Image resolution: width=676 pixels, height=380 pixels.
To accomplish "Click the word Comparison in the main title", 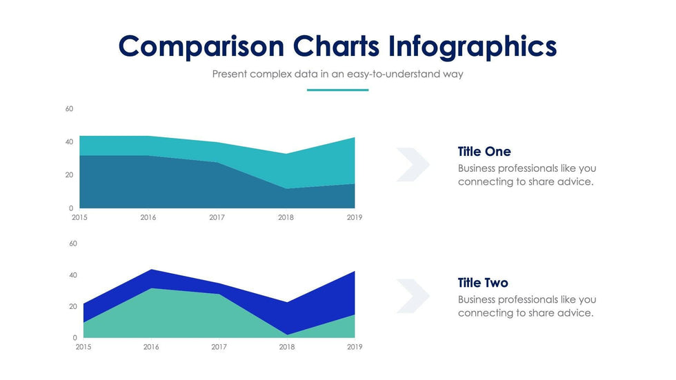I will [201, 46].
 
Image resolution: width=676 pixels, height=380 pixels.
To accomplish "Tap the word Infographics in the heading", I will [473, 46].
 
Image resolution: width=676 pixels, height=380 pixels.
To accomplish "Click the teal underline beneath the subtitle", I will [337, 90].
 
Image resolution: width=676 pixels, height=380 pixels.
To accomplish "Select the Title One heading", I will [484, 152].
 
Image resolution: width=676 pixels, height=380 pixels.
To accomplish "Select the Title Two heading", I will [483, 283].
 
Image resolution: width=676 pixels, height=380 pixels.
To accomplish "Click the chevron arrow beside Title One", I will [412, 164].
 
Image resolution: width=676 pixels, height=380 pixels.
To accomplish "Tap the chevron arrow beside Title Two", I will [412, 296].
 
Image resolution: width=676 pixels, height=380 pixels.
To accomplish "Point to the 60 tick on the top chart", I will [69, 109].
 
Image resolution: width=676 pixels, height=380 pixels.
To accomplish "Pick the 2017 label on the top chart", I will [217, 217].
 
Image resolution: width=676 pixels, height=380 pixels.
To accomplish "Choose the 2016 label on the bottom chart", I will [151, 347].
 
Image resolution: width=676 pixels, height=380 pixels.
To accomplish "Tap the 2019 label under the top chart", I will [355, 217].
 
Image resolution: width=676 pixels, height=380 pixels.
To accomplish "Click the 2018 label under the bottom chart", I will [286, 347].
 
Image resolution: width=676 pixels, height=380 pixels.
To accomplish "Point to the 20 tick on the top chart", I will [69, 175].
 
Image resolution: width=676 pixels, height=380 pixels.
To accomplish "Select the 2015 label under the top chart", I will [79, 217].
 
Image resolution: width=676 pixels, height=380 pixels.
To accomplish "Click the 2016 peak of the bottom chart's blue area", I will [151, 270].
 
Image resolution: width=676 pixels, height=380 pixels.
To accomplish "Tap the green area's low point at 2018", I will [286, 334].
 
